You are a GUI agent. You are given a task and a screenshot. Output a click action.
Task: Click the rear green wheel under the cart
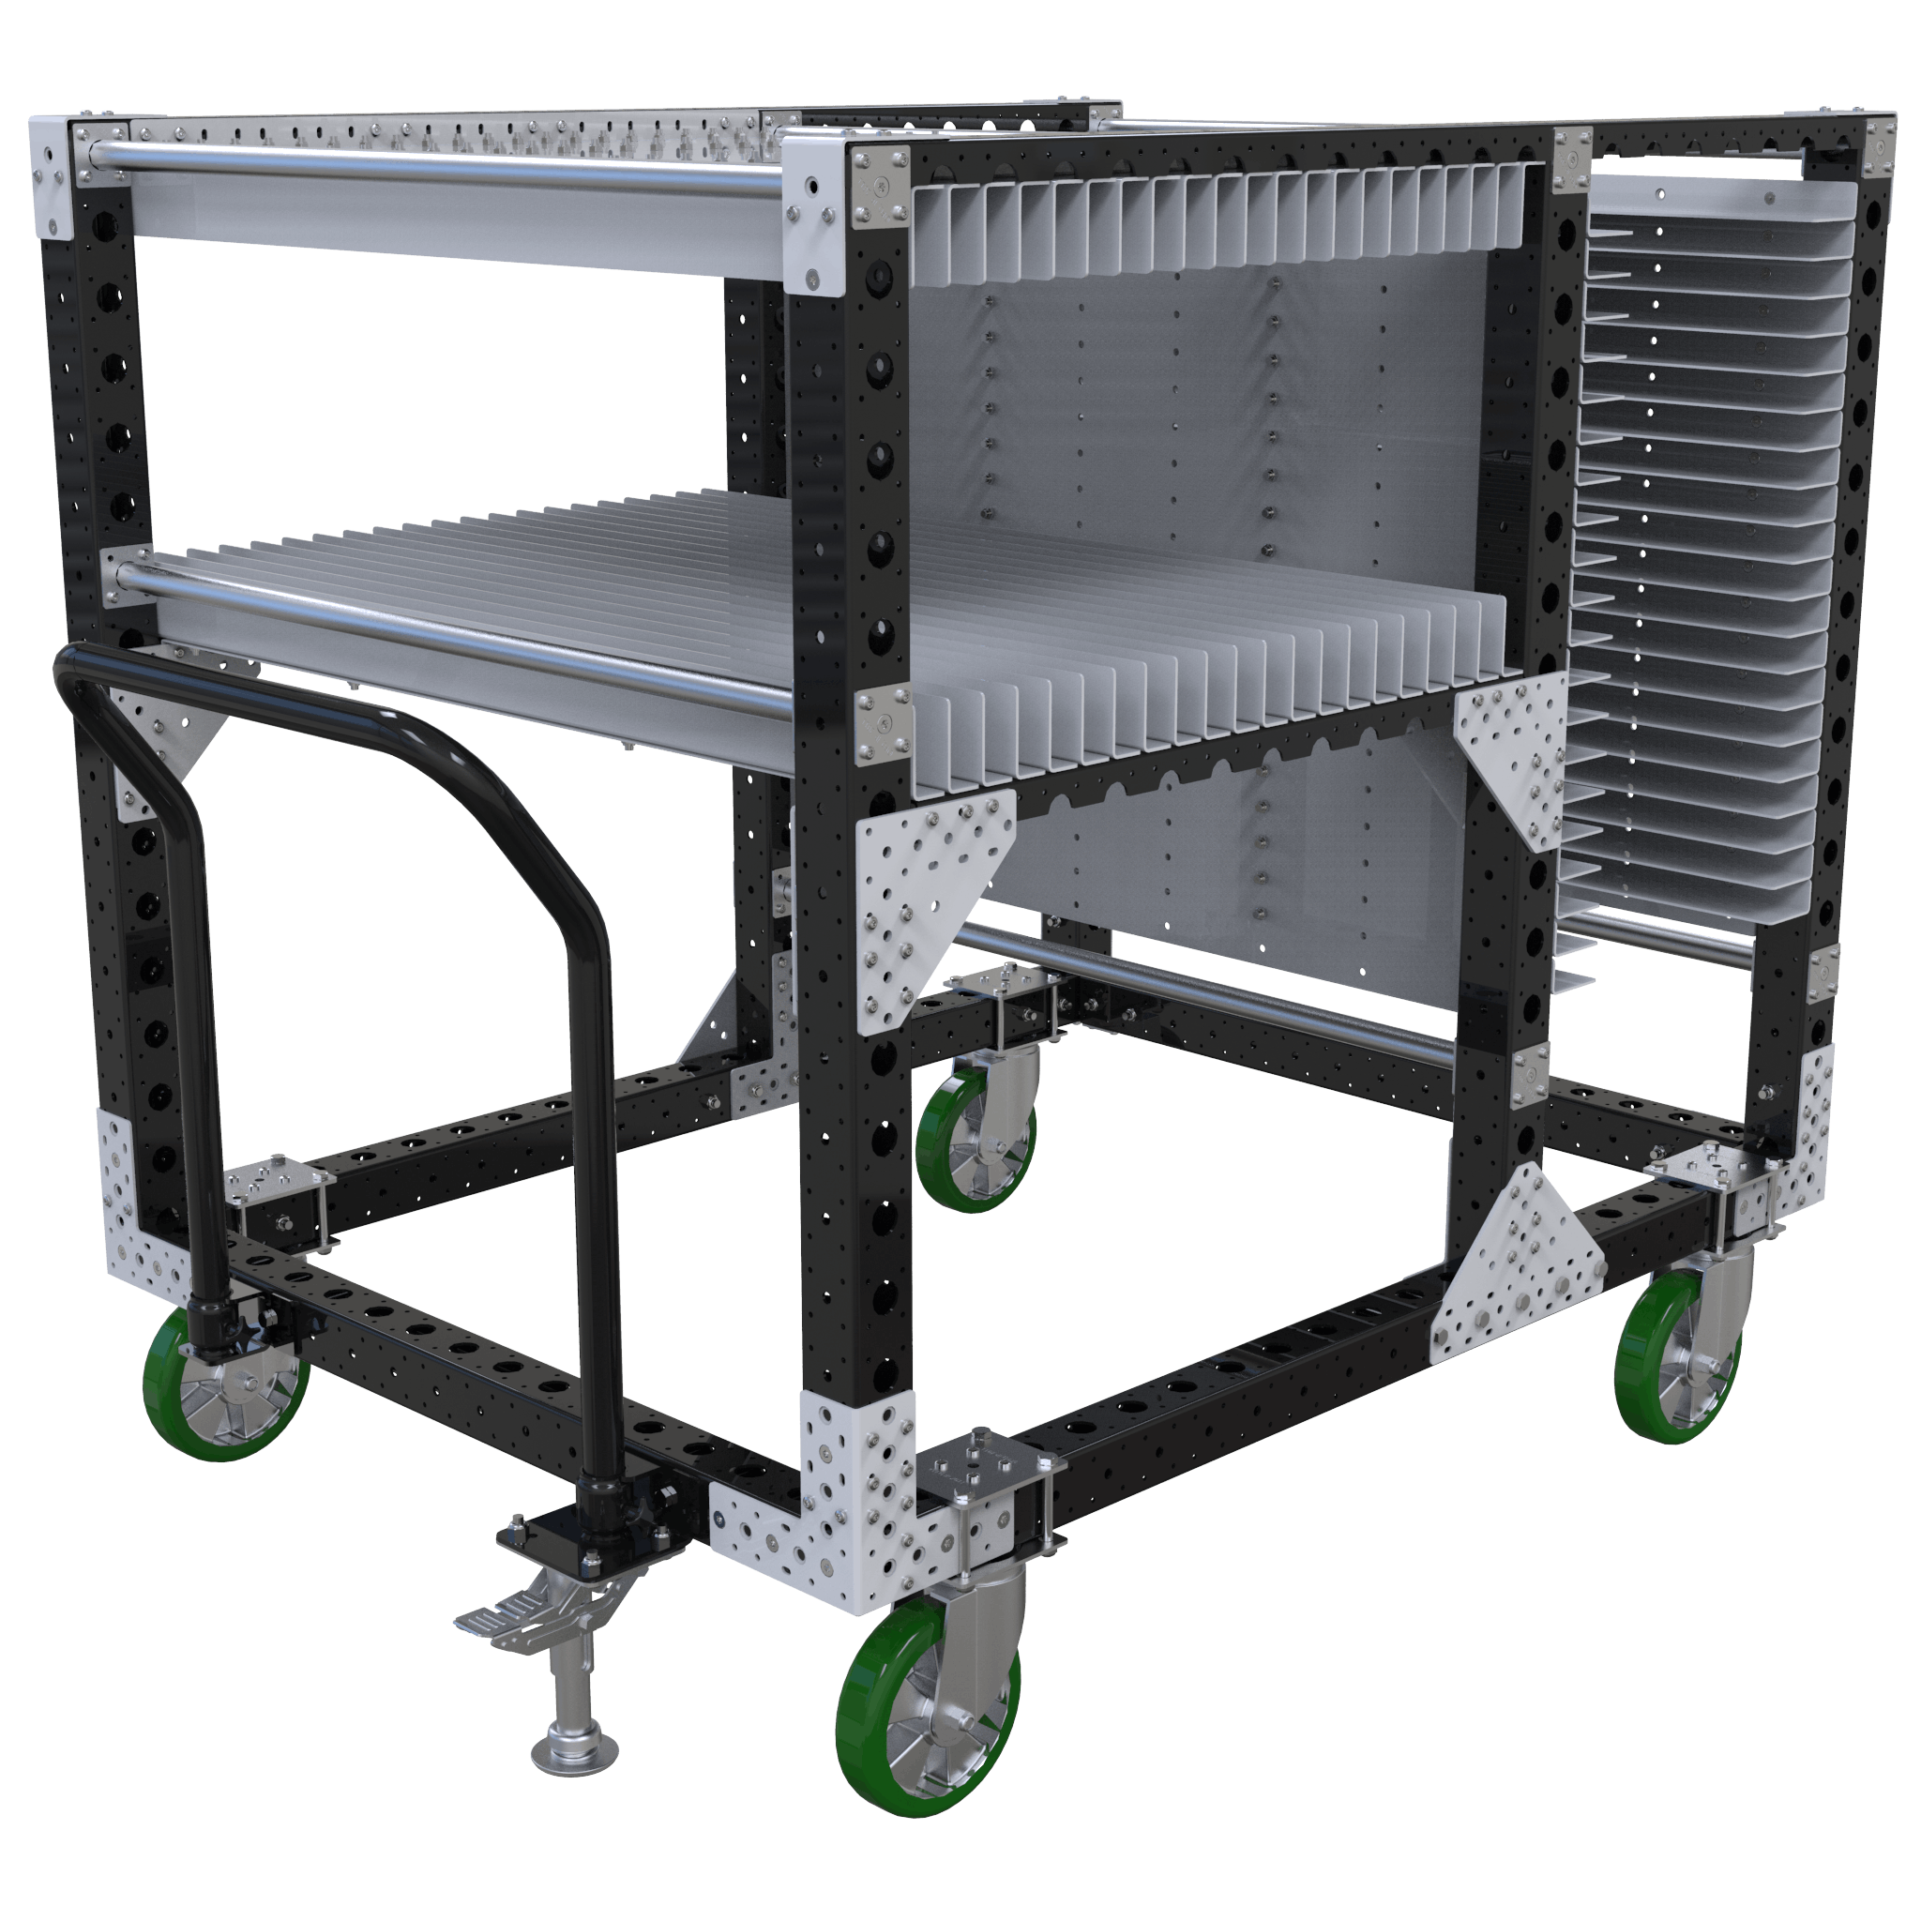click(x=975, y=1143)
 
